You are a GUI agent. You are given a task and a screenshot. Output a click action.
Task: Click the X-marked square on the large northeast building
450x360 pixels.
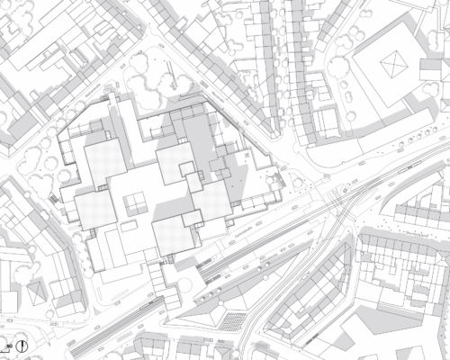pyautogui.click(x=393, y=63)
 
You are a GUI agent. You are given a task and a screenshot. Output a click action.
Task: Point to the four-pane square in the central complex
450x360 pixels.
pyautogui.click(x=136, y=200)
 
